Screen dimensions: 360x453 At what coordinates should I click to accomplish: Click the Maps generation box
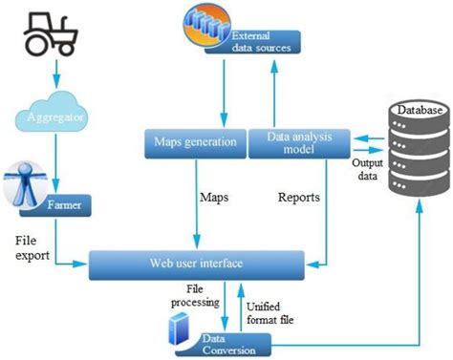click(x=195, y=144)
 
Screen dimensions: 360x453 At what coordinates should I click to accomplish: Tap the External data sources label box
click(x=255, y=41)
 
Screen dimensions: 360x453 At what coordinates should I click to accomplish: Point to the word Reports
click(x=298, y=199)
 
